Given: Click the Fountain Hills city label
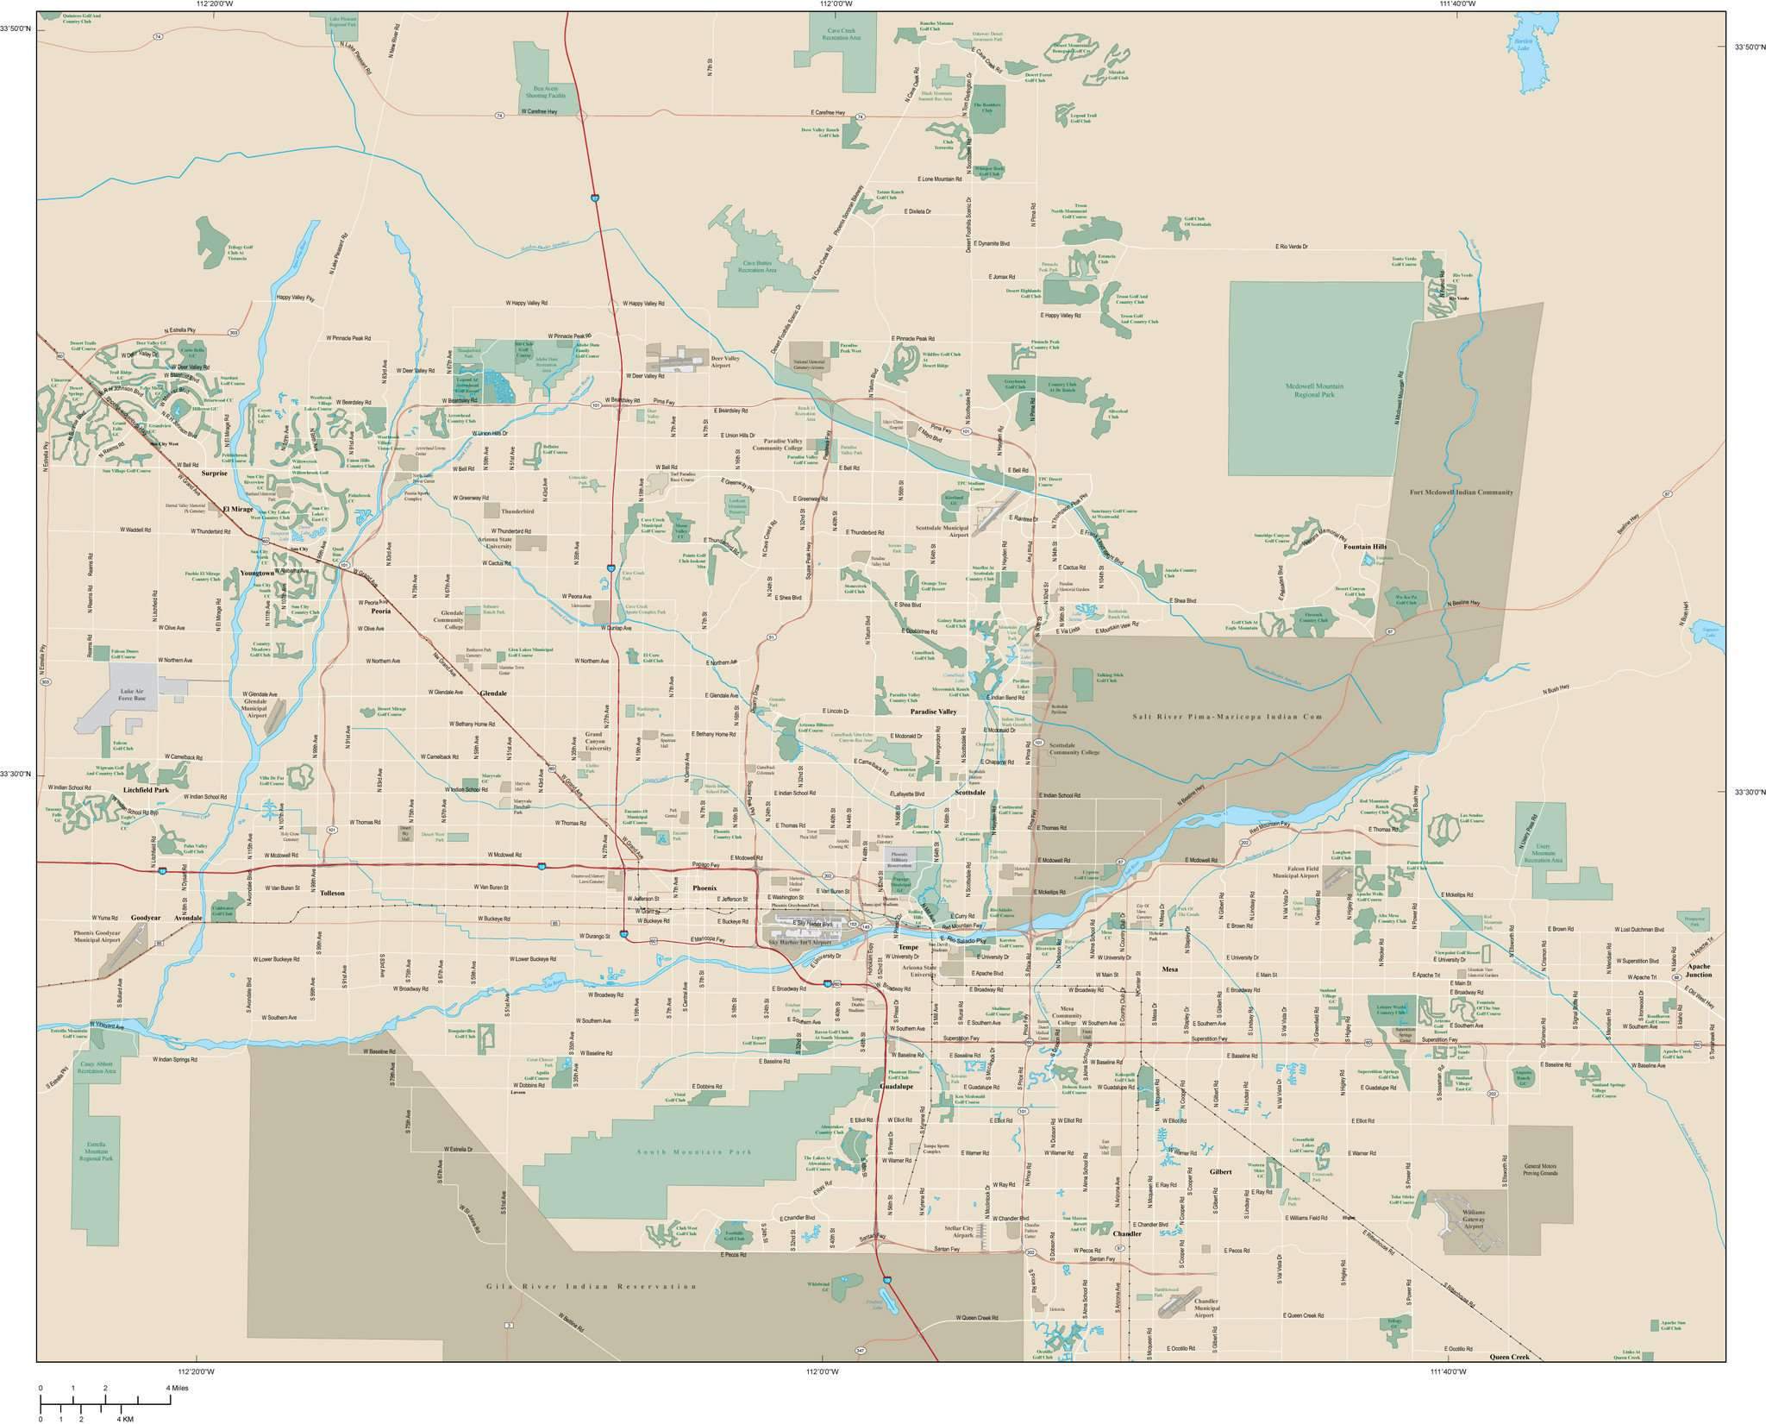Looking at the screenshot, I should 1364,546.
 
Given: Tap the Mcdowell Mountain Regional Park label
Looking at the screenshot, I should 1314,391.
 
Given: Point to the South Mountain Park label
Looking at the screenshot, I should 694,1151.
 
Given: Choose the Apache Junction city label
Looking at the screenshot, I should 1699,970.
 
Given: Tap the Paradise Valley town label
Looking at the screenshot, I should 934,712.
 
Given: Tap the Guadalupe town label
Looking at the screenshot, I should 896,1087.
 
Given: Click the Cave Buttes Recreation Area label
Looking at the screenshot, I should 757,267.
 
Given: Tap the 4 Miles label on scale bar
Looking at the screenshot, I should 177,1388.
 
